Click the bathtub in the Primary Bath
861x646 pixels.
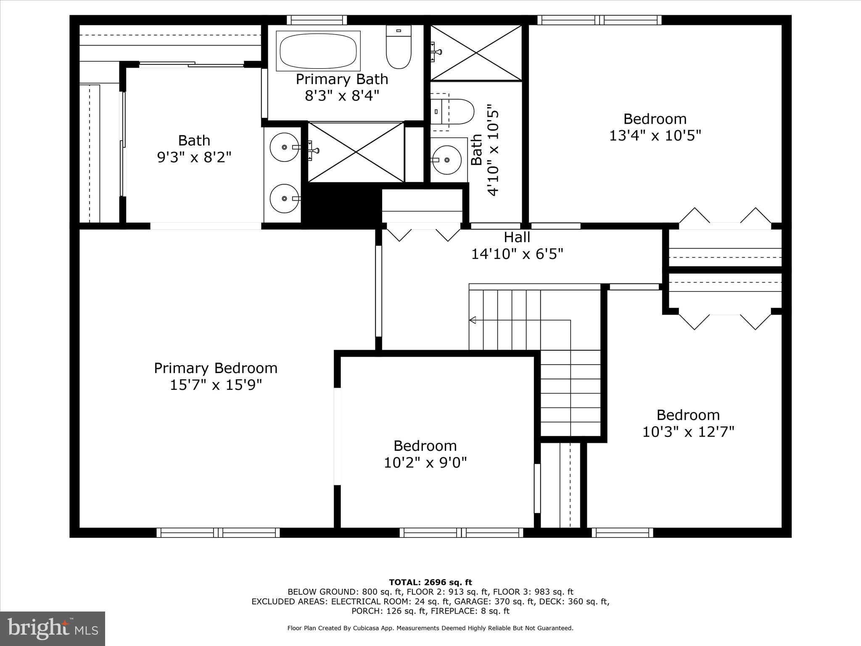point(318,51)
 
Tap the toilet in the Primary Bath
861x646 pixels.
point(399,47)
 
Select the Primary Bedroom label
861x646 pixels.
point(216,368)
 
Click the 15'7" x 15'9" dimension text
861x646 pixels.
point(216,385)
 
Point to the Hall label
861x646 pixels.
point(517,237)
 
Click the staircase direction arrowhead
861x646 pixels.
point(473,320)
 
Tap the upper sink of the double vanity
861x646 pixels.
point(285,147)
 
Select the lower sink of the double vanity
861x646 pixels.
point(285,198)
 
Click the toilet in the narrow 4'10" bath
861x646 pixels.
point(452,111)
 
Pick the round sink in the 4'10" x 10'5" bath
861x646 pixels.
point(446,160)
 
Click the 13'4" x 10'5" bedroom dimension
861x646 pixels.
point(655,136)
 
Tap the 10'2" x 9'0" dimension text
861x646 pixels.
point(425,463)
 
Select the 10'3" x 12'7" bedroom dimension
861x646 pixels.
point(688,432)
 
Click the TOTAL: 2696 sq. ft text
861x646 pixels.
point(430,582)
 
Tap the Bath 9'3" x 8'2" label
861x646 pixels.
point(194,148)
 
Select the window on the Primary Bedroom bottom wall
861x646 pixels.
point(218,533)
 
